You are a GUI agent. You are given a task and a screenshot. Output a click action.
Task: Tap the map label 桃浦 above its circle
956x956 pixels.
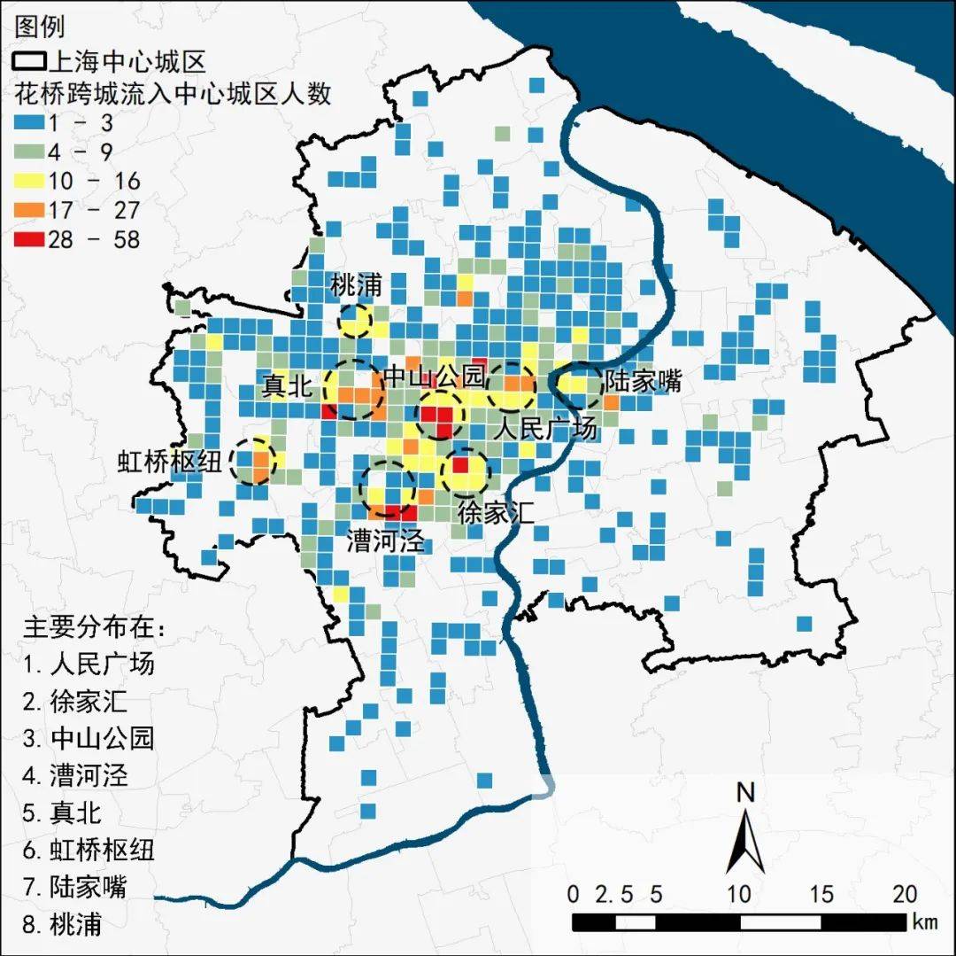(x=356, y=286)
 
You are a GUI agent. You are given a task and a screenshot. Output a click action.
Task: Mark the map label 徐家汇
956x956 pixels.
(x=496, y=512)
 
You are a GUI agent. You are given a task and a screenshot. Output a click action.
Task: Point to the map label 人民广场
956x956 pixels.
(x=546, y=430)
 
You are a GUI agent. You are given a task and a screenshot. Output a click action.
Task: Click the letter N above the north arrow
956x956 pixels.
(x=745, y=792)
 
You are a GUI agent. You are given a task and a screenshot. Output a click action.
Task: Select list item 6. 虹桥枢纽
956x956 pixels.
(x=89, y=850)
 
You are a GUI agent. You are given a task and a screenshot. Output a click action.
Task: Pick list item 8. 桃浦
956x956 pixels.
(x=63, y=924)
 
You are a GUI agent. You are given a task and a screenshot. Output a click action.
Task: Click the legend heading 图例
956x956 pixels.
(x=40, y=27)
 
